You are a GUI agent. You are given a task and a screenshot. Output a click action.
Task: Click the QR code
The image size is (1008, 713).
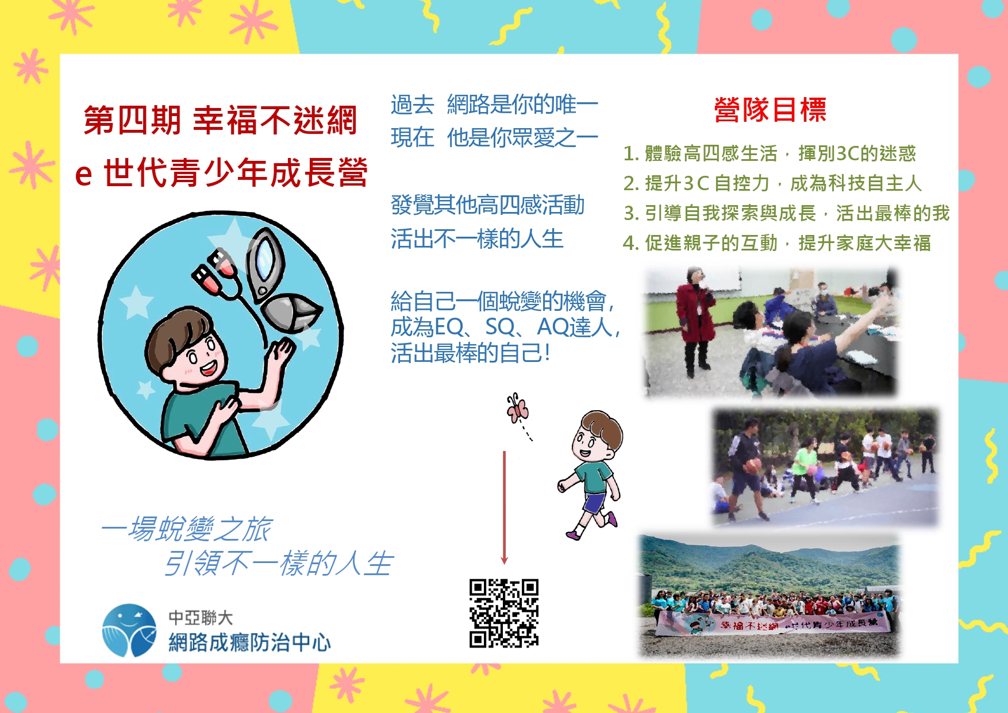click(504, 613)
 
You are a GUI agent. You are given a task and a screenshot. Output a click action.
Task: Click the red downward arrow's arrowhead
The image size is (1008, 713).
click(505, 559)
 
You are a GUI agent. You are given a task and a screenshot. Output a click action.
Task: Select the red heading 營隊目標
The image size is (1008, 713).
click(770, 110)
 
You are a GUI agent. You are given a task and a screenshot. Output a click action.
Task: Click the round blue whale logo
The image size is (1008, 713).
click(129, 630)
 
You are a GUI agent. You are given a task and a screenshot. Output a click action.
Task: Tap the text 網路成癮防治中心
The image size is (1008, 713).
click(249, 642)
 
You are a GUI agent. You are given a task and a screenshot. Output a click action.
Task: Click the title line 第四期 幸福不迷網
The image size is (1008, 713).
click(220, 121)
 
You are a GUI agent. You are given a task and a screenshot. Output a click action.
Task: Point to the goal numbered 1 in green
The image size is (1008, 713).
click(770, 153)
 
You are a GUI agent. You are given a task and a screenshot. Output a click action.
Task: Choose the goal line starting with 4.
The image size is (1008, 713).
click(777, 243)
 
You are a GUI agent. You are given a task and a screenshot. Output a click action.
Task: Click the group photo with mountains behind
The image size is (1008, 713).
click(769, 596)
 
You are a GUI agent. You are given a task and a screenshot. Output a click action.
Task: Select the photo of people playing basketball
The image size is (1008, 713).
click(825, 467)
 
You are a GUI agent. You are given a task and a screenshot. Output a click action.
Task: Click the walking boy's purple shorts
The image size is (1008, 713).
click(594, 502)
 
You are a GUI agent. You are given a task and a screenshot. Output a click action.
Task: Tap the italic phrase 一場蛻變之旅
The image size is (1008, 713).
click(186, 529)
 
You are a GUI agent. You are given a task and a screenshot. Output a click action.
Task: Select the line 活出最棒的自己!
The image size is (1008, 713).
click(471, 353)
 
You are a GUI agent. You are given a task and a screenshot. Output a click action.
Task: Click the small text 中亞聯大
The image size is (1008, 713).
click(201, 618)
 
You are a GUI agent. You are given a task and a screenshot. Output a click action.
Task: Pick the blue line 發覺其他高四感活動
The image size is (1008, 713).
click(487, 205)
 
